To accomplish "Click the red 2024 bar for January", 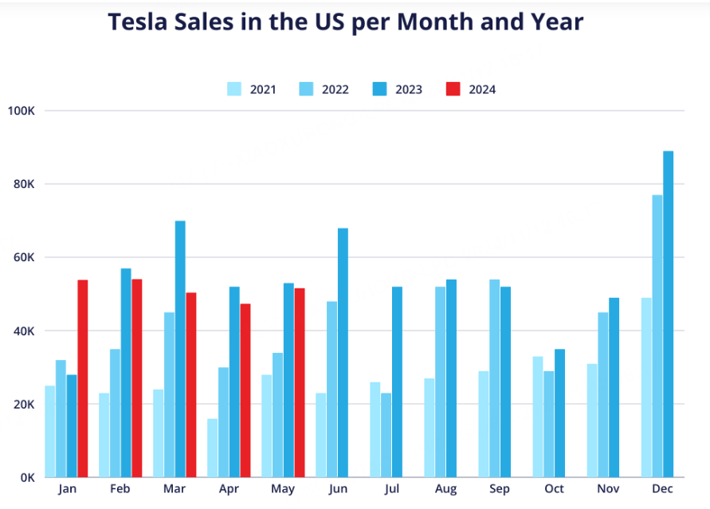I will [x=82, y=378].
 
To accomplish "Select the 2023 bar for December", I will [x=669, y=314].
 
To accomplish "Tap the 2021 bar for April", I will [x=213, y=448].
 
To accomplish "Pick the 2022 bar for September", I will [x=495, y=378].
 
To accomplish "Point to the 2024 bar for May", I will [x=300, y=382].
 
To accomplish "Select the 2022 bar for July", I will [x=386, y=435].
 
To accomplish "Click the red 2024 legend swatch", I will [x=453, y=89].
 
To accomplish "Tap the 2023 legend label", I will [x=409, y=89].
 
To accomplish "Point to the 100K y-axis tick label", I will [x=21, y=111].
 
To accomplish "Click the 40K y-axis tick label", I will [x=25, y=331].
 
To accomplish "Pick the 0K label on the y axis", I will [x=27, y=477].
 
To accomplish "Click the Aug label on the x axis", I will [x=446, y=488].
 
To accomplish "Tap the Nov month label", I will [x=609, y=488].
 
